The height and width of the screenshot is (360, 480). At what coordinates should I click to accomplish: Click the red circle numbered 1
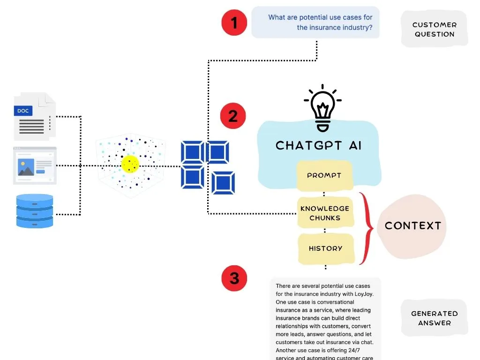234,22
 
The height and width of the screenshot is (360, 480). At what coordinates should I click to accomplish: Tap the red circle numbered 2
233,116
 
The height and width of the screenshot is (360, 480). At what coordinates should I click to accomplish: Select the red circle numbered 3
234,278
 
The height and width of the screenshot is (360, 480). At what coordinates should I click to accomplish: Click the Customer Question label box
434,29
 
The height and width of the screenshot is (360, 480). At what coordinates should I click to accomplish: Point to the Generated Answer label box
434,318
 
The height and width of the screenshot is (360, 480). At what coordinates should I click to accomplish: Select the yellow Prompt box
324,175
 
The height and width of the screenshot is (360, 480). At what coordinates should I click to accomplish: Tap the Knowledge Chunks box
325,213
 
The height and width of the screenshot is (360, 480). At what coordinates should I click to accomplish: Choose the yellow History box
325,248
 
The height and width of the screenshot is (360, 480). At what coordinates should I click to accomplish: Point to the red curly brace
367,228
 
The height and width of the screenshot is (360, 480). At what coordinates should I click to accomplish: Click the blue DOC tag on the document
23,111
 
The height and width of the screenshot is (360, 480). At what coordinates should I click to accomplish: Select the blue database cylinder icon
35,210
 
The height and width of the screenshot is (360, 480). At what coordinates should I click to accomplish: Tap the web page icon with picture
35,165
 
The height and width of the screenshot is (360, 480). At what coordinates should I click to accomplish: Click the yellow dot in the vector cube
130,164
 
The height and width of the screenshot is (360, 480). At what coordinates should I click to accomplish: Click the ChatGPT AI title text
318,145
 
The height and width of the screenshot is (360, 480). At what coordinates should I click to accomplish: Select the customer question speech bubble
315,22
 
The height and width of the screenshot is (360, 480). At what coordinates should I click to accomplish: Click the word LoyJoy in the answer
359,294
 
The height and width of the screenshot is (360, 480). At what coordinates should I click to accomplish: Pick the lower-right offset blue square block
223,183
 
